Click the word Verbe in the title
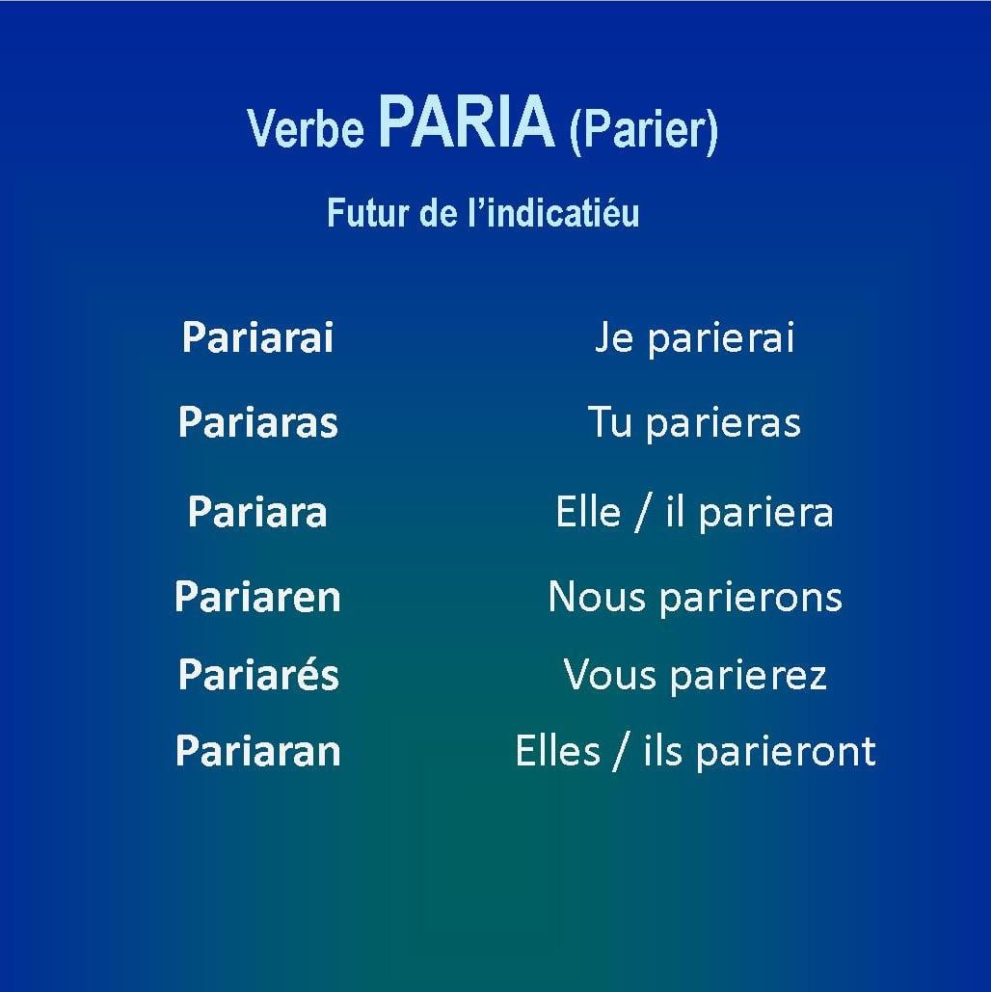(306, 128)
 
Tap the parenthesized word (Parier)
(644, 130)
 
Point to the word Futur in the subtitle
(367, 212)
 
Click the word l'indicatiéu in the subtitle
(553, 212)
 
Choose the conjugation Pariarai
(257, 336)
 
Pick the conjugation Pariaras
(258, 422)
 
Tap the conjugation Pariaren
(257, 597)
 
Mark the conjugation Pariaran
(257, 751)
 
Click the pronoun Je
(614, 336)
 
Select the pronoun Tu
(610, 422)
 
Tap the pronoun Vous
(609, 675)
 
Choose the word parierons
(751, 599)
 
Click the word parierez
(749, 676)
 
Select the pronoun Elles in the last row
(557, 751)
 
